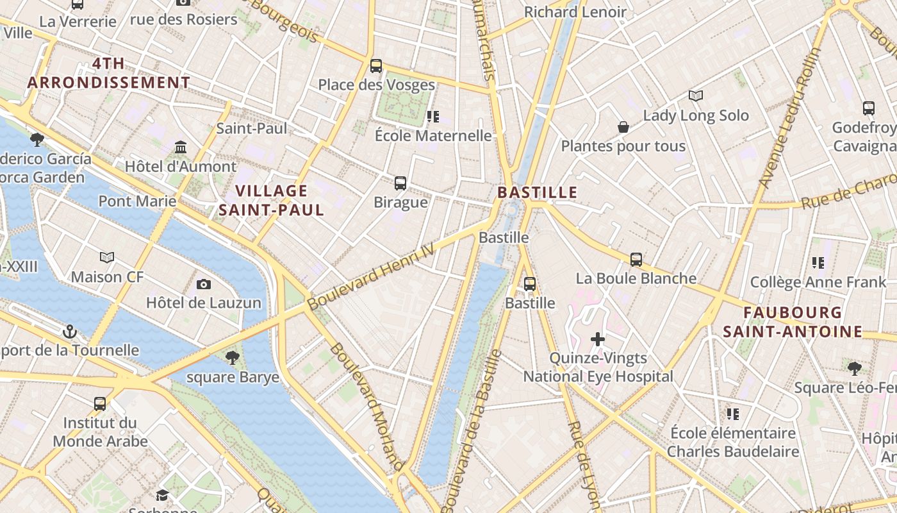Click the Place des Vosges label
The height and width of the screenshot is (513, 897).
tap(376, 85)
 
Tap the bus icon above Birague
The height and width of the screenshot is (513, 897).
tap(400, 183)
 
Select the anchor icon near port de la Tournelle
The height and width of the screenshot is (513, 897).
tap(70, 332)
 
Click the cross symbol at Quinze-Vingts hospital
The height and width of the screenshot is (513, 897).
tap(598, 339)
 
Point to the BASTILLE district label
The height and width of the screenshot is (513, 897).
tap(537, 192)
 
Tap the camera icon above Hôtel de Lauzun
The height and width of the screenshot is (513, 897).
tap(204, 284)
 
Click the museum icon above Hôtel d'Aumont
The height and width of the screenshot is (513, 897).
tap(181, 147)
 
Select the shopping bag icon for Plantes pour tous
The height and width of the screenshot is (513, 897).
tap(623, 127)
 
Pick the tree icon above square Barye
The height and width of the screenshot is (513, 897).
tap(233, 357)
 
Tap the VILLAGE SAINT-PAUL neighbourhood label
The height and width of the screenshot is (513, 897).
tap(272, 200)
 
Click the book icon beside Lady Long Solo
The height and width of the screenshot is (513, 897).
tap(696, 96)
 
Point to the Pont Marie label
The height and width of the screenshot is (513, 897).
tap(137, 201)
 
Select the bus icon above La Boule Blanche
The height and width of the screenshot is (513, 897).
tap(636, 259)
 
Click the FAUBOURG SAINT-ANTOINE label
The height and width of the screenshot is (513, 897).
tap(793, 322)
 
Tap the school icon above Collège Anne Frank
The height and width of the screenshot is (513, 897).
tap(818, 262)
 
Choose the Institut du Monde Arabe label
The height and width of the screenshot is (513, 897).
tap(100, 432)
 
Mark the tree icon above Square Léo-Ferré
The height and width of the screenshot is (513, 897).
tap(853, 368)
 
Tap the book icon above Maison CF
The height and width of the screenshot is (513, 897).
tap(107, 257)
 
